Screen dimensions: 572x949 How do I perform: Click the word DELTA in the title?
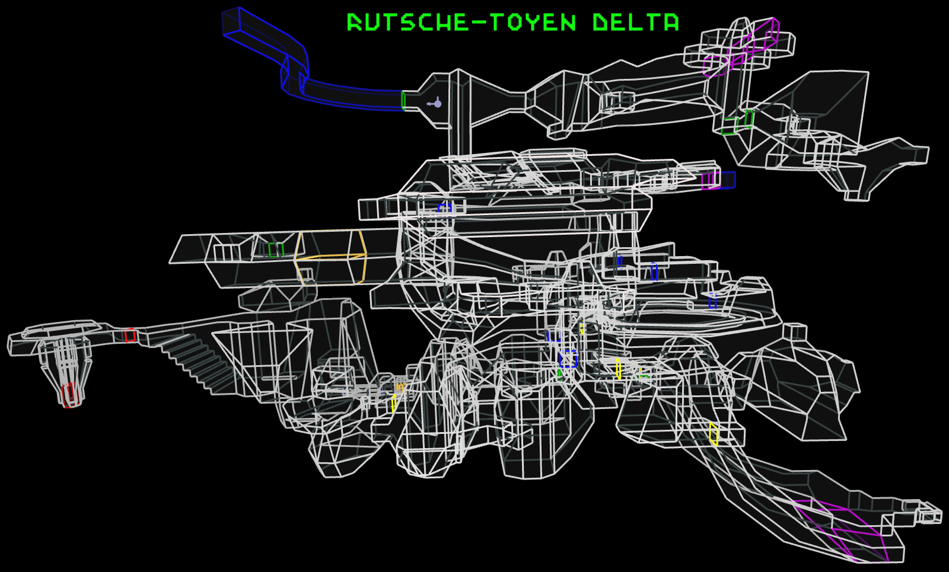pyautogui.click(x=635, y=23)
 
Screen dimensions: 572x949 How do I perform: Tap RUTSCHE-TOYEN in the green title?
pyautogui.click(x=461, y=23)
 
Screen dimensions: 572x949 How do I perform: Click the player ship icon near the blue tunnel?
pyautogui.click(x=435, y=104)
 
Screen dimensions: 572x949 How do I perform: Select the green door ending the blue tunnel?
pyautogui.click(x=403, y=100)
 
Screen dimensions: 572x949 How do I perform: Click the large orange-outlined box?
pyautogui.click(x=330, y=258)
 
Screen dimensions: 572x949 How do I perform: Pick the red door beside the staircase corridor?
pyautogui.click(x=130, y=335)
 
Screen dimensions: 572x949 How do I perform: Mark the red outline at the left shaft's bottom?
pyautogui.click(x=69, y=395)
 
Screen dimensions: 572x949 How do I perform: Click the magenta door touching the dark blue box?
pyautogui.click(x=711, y=180)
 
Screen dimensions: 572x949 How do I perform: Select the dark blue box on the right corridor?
pyautogui.click(x=728, y=180)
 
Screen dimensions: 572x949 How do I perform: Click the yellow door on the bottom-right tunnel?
pyautogui.click(x=714, y=434)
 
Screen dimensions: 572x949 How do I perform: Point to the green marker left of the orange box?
pyautogui.click(x=275, y=250)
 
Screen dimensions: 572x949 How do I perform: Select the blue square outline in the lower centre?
pyautogui.click(x=568, y=359)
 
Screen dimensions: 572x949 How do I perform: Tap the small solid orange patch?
pyautogui.click(x=400, y=387)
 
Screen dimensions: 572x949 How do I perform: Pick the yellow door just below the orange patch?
pyautogui.click(x=393, y=404)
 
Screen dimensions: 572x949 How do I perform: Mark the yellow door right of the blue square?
pyautogui.click(x=618, y=369)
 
